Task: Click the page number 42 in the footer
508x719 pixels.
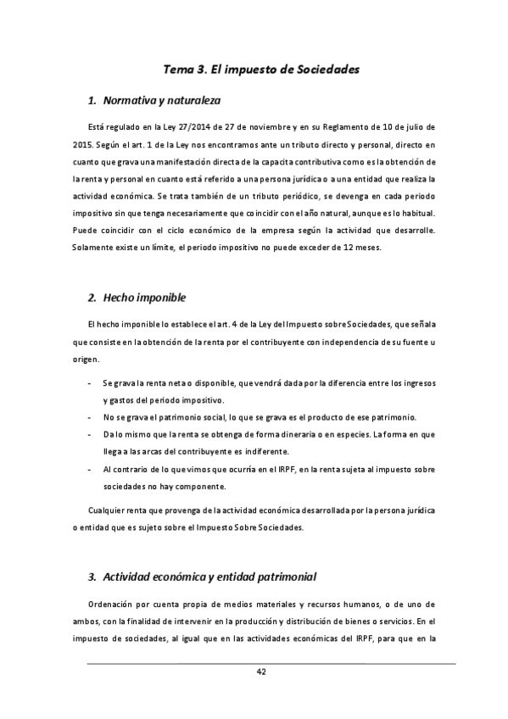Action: point(261,673)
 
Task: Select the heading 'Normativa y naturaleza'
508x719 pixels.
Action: point(161,101)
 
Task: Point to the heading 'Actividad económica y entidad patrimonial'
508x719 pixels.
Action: point(209,577)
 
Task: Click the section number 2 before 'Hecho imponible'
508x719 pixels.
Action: point(92,298)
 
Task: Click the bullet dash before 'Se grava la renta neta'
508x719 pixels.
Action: point(91,384)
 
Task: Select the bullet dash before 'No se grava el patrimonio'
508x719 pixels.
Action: point(91,417)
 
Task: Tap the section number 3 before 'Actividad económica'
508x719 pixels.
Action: point(92,577)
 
